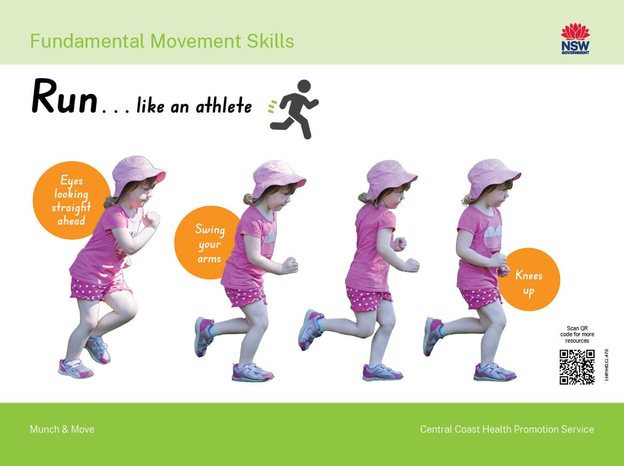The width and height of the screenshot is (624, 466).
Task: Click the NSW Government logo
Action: (x=575, y=39)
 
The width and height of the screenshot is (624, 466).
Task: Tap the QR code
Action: (x=577, y=367)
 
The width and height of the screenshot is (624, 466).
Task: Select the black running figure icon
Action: (x=295, y=109)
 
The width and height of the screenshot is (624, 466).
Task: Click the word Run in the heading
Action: (x=64, y=97)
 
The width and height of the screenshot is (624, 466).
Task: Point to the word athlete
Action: (x=224, y=105)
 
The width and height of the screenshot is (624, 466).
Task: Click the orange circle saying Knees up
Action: (x=529, y=279)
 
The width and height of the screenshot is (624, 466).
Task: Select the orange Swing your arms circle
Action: (x=208, y=242)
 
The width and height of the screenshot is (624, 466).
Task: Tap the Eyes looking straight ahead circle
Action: (x=71, y=200)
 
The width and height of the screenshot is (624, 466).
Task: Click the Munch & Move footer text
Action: (x=62, y=429)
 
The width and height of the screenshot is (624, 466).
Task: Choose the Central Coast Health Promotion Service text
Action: (x=507, y=429)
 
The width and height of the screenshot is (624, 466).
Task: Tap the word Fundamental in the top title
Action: (x=87, y=41)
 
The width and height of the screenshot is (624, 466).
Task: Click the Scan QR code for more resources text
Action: (x=577, y=335)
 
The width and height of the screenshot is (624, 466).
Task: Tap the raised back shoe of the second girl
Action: (x=204, y=336)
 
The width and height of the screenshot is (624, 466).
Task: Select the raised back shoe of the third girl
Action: (x=311, y=330)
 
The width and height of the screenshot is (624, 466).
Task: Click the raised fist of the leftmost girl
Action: (x=152, y=219)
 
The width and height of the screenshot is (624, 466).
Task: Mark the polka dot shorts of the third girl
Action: (x=368, y=299)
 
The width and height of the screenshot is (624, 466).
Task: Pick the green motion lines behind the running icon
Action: (x=273, y=107)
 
